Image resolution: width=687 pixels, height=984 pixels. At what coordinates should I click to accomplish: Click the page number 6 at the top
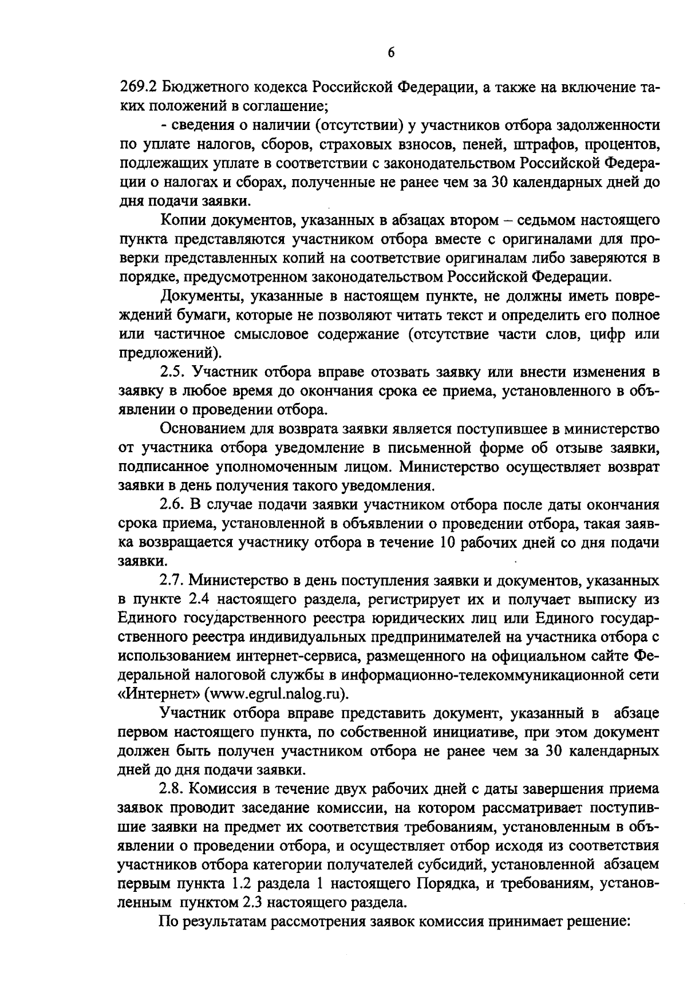coord(391,53)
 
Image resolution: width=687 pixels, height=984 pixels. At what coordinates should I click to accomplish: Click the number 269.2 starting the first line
coord(137,89)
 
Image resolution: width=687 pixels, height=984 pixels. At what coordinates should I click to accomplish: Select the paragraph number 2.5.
coord(171,372)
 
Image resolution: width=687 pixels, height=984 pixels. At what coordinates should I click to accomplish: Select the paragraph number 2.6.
coord(171,505)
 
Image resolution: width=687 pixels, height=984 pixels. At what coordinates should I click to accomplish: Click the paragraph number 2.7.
coord(171,580)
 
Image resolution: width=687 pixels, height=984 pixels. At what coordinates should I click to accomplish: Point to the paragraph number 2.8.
coord(171,789)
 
